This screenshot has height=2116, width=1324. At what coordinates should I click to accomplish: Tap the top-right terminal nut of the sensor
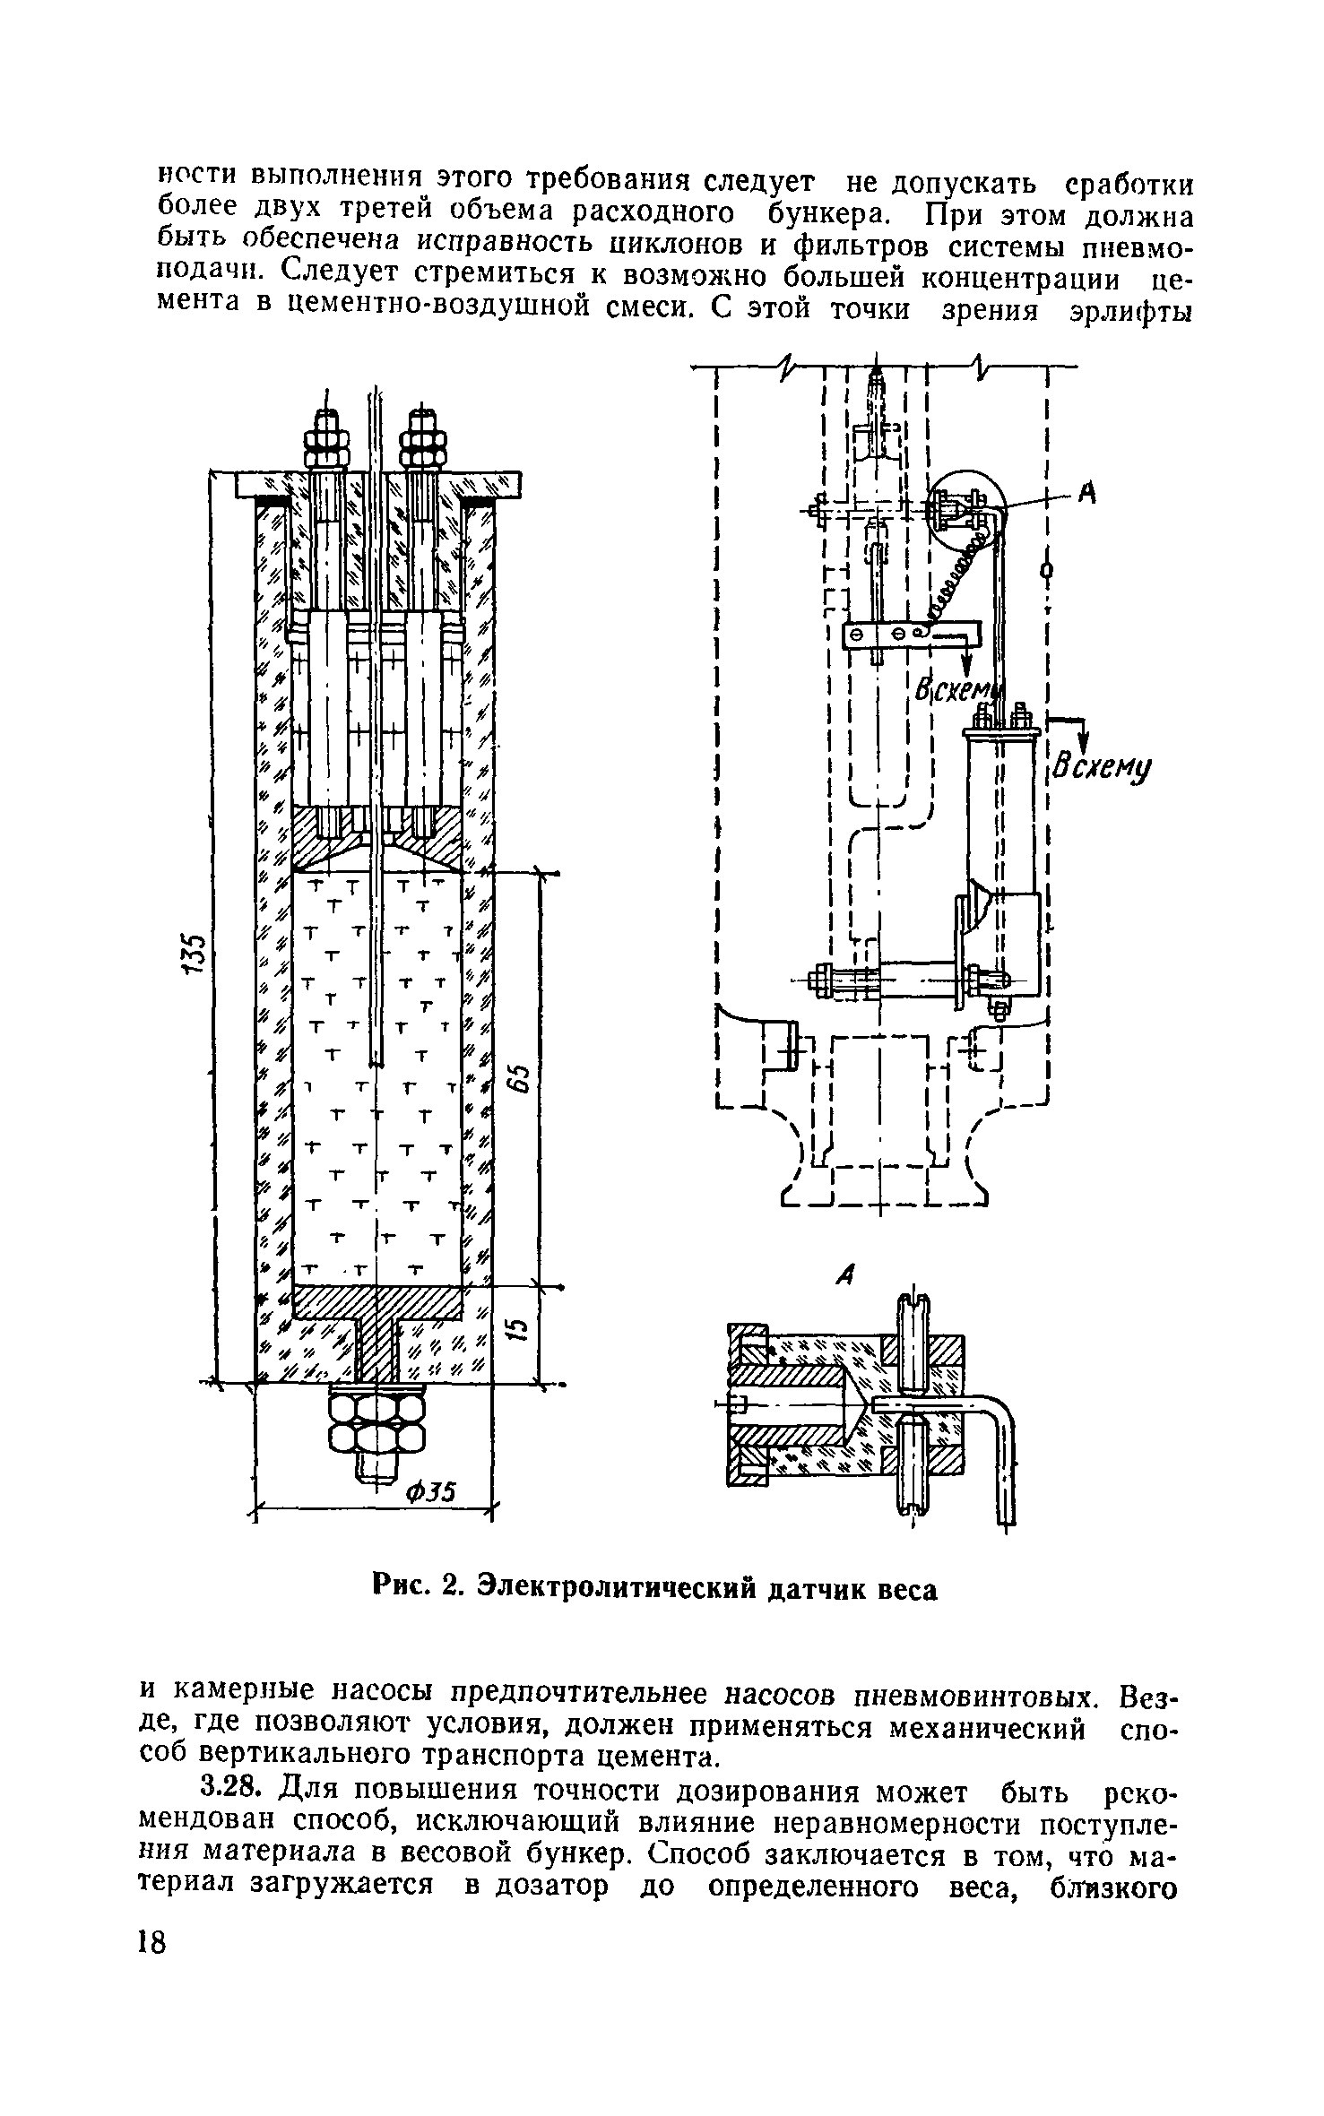coord(423,441)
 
